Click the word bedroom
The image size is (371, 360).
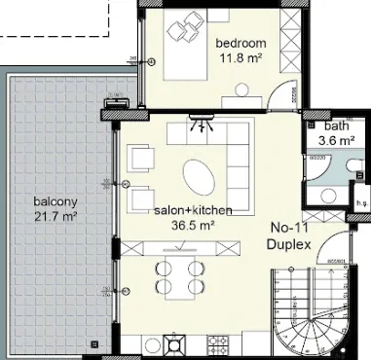pos(241,43)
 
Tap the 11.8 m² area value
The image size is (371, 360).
pos(241,58)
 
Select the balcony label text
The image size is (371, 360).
pos(56,202)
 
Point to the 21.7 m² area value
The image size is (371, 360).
pos(56,216)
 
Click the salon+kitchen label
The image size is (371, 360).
pos(193,210)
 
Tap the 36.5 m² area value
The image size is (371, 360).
pos(193,225)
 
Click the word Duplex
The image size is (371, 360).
pos(288,244)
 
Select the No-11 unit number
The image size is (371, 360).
pos(289,228)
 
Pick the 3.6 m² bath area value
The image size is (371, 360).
pos(336,141)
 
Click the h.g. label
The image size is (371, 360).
pos(362,203)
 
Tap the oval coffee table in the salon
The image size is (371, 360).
pos(199,177)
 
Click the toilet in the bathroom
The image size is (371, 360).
pos(355,165)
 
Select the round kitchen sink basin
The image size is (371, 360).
pos(152,345)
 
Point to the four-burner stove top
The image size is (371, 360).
pos(216,345)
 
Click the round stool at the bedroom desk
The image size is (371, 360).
pos(241,90)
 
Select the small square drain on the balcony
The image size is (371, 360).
pos(94,343)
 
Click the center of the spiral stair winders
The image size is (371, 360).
pos(313,320)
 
